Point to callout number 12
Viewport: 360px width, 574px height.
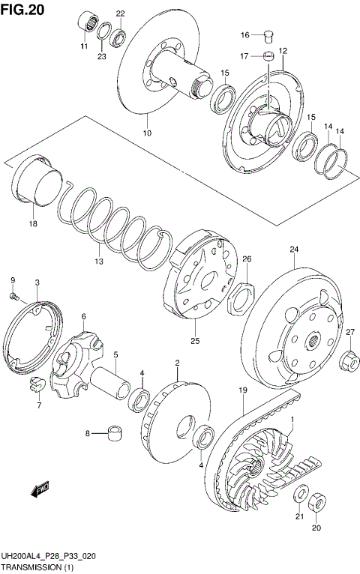click(x=283, y=51)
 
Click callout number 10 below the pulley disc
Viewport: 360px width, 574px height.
click(x=147, y=133)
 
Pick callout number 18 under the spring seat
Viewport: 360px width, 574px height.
click(x=32, y=223)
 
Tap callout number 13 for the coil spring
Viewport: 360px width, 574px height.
click(x=98, y=261)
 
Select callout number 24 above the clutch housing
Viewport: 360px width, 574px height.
click(x=294, y=250)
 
